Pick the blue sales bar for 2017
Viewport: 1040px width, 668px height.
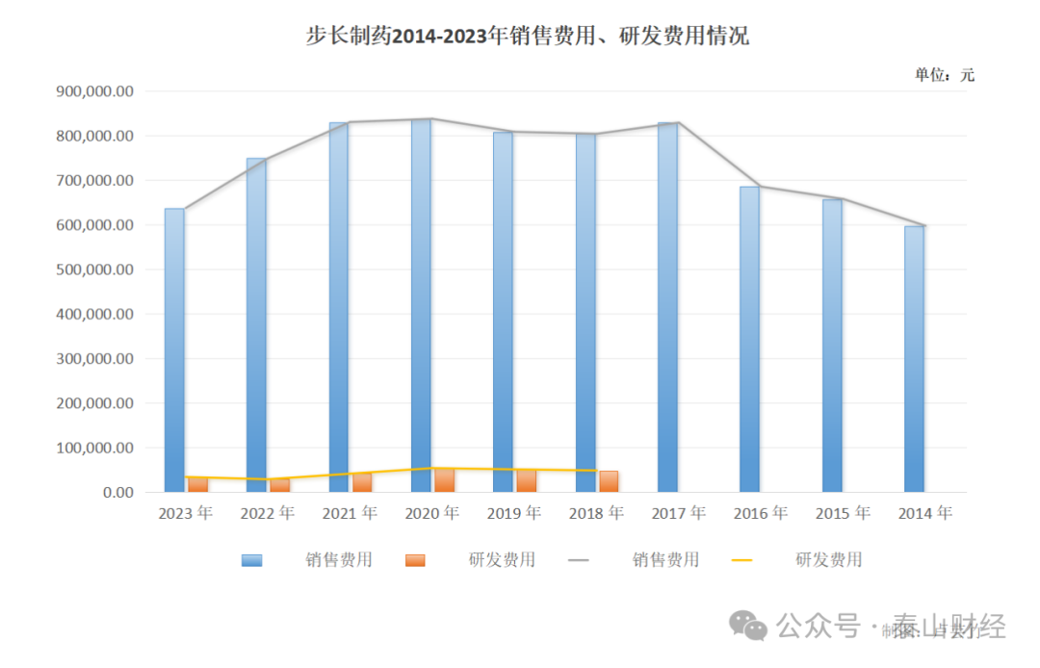click(x=667, y=308)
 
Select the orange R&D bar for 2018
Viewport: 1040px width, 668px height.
click(x=609, y=481)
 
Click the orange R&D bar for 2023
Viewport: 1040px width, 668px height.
click(x=197, y=484)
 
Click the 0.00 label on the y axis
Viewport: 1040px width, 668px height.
click(x=113, y=493)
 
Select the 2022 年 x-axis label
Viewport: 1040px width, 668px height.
click(x=267, y=514)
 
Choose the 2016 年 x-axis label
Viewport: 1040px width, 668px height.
click(x=760, y=514)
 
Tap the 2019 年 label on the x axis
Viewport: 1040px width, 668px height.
click(x=513, y=514)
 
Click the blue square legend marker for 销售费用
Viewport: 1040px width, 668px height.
click(x=251, y=560)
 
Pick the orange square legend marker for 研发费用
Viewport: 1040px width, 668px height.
click(x=415, y=560)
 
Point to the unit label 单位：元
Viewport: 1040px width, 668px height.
click(x=944, y=75)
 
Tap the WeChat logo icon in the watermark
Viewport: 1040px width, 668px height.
click(x=749, y=628)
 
